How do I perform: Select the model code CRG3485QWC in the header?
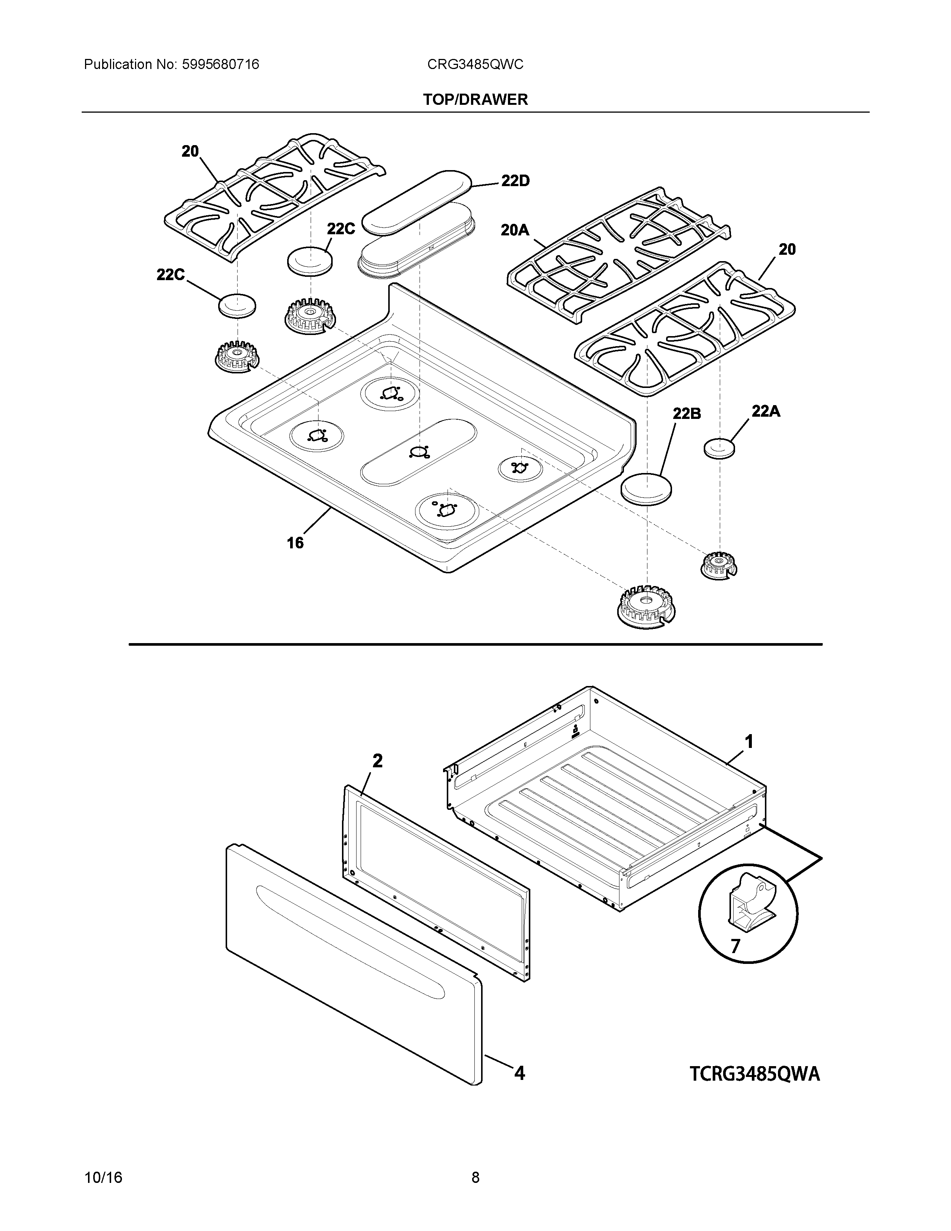pos(475,65)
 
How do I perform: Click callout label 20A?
pos(515,230)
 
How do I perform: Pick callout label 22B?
pos(687,413)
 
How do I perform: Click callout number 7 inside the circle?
pos(735,946)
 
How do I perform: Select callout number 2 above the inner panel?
pos(377,761)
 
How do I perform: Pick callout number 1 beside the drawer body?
pos(749,742)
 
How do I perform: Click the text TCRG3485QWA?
pos(755,1074)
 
